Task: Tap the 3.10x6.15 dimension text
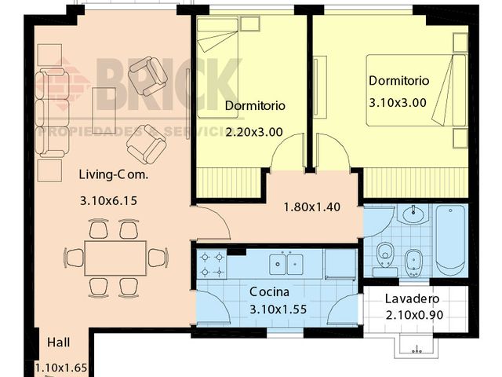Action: (x=108, y=201)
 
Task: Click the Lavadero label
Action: (x=412, y=299)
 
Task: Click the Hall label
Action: (x=59, y=342)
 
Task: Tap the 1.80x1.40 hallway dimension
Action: (x=311, y=207)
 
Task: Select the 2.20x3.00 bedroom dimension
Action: (x=253, y=132)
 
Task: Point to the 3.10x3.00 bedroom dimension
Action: (x=398, y=101)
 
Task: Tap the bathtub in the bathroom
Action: (x=450, y=240)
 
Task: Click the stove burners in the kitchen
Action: (x=211, y=265)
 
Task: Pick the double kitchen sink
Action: (x=287, y=262)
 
